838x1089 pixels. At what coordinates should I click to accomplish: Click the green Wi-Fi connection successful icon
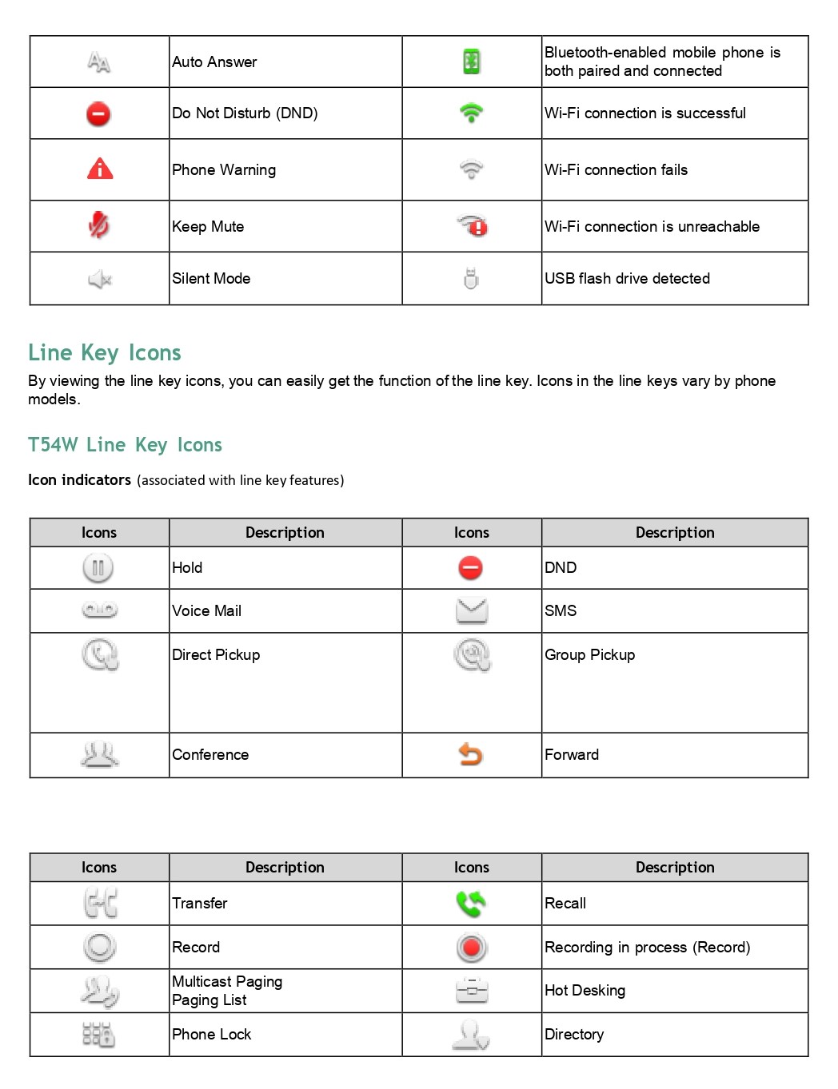pyautogui.click(x=472, y=113)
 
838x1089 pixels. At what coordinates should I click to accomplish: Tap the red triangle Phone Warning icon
pyautogui.click(x=100, y=169)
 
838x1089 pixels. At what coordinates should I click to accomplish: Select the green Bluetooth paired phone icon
pyautogui.click(x=472, y=62)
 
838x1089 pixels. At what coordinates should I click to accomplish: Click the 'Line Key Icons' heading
pyautogui.click(x=105, y=352)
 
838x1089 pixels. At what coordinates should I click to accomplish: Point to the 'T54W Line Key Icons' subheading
pyautogui.click(x=125, y=445)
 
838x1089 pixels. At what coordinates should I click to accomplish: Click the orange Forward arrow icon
pyautogui.click(x=471, y=754)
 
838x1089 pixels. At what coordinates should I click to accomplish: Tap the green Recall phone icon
pyautogui.click(x=471, y=903)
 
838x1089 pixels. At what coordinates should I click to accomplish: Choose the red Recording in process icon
pyautogui.click(x=472, y=948)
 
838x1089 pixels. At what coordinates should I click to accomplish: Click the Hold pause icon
pyautogui.click(x=98, y=568)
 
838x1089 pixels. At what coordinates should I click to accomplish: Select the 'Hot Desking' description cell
pyautogui.click(x=585, y=991)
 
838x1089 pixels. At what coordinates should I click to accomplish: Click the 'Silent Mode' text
pyautogui.click(x=211, y=278)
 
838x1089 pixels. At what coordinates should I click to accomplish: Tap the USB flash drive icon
pyautogui.click(x=471, y=278)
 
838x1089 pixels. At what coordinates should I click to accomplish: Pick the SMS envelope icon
pyautogui.click(x=472, y=610)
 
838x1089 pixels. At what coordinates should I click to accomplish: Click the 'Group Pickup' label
pyautogui.click(x=590, y=654)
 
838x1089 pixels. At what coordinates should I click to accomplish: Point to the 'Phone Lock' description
pyautogui.click(x=212, y=1034)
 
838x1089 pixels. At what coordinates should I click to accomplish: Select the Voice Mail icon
pyautogui.click(x=100, y=610)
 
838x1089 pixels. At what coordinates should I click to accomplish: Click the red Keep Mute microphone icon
pyautogui.click(x=99, y=225)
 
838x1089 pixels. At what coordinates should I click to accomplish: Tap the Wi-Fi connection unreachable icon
pyautogui.click(x=473, y=226)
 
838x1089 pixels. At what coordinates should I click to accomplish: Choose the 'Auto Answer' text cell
pyautogui.click(x=214, y=62)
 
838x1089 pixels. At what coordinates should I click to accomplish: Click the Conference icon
pyautogui.click(x=100, y=754)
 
